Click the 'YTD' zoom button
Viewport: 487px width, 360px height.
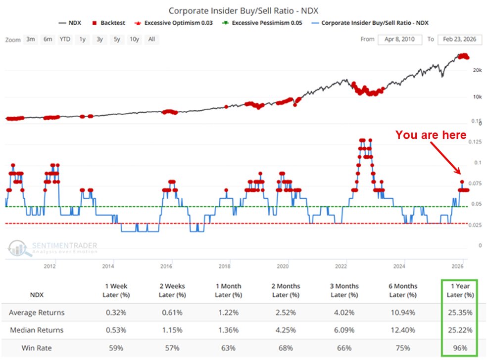(65, 39)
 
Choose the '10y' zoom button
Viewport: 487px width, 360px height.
(134, 39)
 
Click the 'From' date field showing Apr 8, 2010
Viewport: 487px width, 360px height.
(400, 39)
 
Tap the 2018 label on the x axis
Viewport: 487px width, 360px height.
(224, 266)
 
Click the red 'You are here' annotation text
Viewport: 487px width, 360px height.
(430, 135)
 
